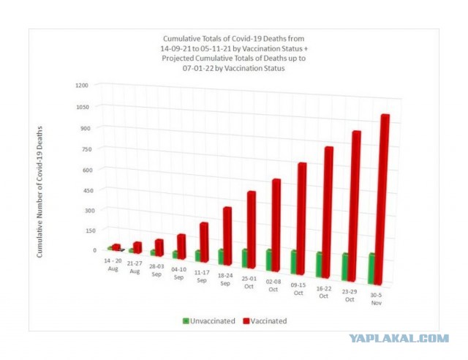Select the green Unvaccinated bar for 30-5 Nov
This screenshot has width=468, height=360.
tap(371, 269)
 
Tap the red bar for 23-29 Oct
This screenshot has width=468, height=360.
tap(354, 206)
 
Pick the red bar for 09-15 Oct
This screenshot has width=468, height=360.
tap(301, 219)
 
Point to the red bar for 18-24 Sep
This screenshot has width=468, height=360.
tap(227, 236)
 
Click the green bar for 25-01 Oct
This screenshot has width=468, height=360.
tap(245, 258)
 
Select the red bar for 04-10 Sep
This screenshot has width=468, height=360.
tap(181, 247)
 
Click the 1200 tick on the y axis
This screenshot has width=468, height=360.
tap(82, 86)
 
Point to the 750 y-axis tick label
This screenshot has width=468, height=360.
tap(85, 149)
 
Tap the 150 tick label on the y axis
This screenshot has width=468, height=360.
tap(89, 230)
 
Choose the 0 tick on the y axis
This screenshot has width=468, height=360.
tap(94, 250)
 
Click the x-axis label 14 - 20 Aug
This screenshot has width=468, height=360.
tap(113, 265)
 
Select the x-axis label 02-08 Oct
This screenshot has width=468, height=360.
tap(273, 285)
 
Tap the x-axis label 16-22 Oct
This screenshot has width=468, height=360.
tap(323, 292)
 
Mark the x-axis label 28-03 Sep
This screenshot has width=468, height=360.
tap(156, 270)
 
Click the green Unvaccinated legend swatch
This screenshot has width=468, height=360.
tap(186, 321)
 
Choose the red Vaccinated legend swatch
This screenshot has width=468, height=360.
tap(246, 321)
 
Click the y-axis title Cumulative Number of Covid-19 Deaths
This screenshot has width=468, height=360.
tap(39, 192)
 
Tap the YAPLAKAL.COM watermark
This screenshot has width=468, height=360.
tap(399, 338)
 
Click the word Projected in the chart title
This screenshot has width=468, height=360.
tap(178, 58)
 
